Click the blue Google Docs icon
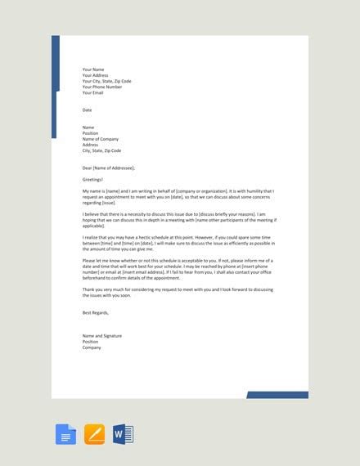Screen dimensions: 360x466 coord(65,433)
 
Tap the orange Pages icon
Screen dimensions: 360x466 coord(95,433)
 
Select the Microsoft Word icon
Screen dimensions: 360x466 coord(123,433)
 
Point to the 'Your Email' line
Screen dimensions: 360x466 coord(92,92)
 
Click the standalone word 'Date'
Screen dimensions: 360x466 coord(88,110)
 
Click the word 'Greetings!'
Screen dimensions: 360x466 coord(93,179)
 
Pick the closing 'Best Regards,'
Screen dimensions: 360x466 coord(95,312)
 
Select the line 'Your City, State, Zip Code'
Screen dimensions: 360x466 coord(106,81)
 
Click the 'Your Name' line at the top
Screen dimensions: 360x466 coord(93,69)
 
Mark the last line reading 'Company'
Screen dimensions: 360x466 coord(92,347)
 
